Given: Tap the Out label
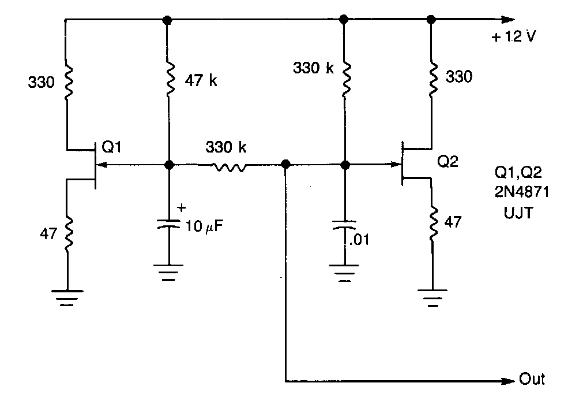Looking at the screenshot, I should click(x=532, y=380).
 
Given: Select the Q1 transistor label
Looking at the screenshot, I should click(x=112, y=148).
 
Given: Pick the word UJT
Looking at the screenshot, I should click(x=517, y=214).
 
